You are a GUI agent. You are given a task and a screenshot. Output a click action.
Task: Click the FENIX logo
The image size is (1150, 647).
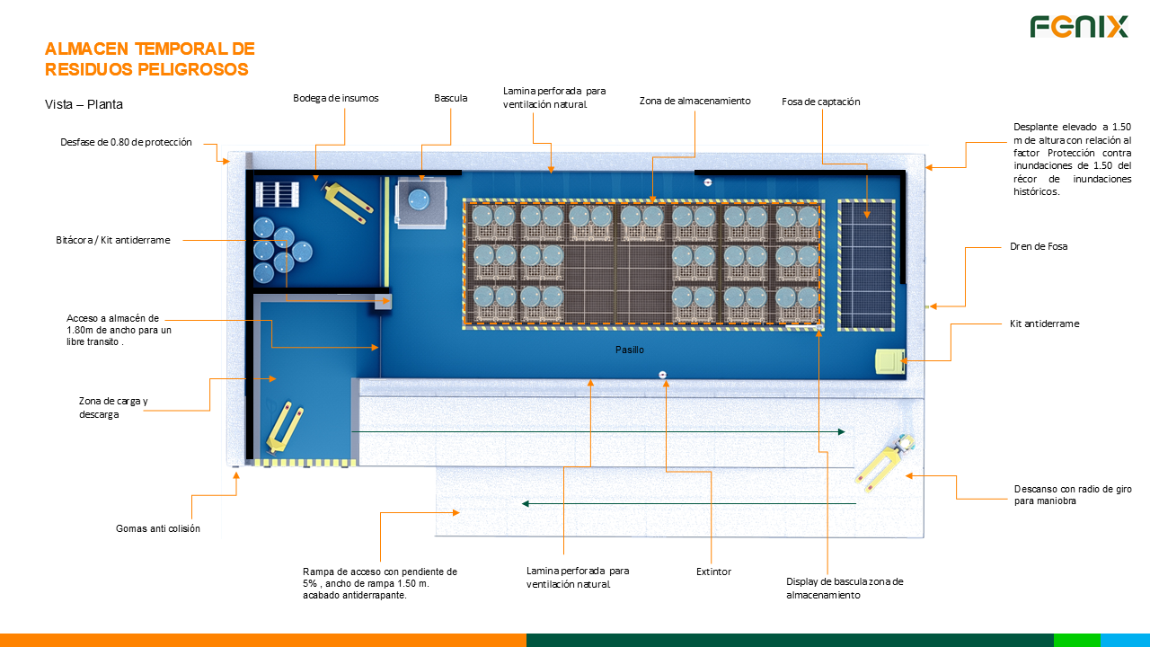point(1078,27)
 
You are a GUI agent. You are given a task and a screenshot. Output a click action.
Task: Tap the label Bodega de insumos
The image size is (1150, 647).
point(336,98)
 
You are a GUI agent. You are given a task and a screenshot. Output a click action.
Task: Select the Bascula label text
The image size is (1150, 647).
point(450,98)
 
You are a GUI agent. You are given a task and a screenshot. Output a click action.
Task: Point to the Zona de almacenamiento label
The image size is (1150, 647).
point(694,101)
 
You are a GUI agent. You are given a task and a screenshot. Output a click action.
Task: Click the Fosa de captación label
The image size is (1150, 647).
point(820,102)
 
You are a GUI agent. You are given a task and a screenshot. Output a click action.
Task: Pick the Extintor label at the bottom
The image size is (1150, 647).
point(713,572)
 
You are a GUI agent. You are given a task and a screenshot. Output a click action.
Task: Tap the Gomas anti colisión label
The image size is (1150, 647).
point(158,528)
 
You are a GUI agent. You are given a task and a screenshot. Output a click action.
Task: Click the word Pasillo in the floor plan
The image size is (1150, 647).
point(629,350)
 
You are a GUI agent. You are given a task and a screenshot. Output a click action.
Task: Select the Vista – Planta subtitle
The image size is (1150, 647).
point(84,104)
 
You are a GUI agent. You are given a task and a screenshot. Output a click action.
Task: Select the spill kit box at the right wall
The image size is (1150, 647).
point(889,361)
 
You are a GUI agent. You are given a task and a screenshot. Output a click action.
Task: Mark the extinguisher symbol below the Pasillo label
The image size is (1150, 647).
point(662,374)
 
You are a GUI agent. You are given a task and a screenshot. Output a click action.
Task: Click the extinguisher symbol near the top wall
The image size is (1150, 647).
point(708,182)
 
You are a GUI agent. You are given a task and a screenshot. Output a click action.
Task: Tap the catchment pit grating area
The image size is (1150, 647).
point(867,264)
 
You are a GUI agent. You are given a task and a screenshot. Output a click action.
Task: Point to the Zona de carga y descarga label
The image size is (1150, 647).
point(113,407)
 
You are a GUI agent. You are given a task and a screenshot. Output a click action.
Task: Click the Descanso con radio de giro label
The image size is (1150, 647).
point(1072,495)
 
